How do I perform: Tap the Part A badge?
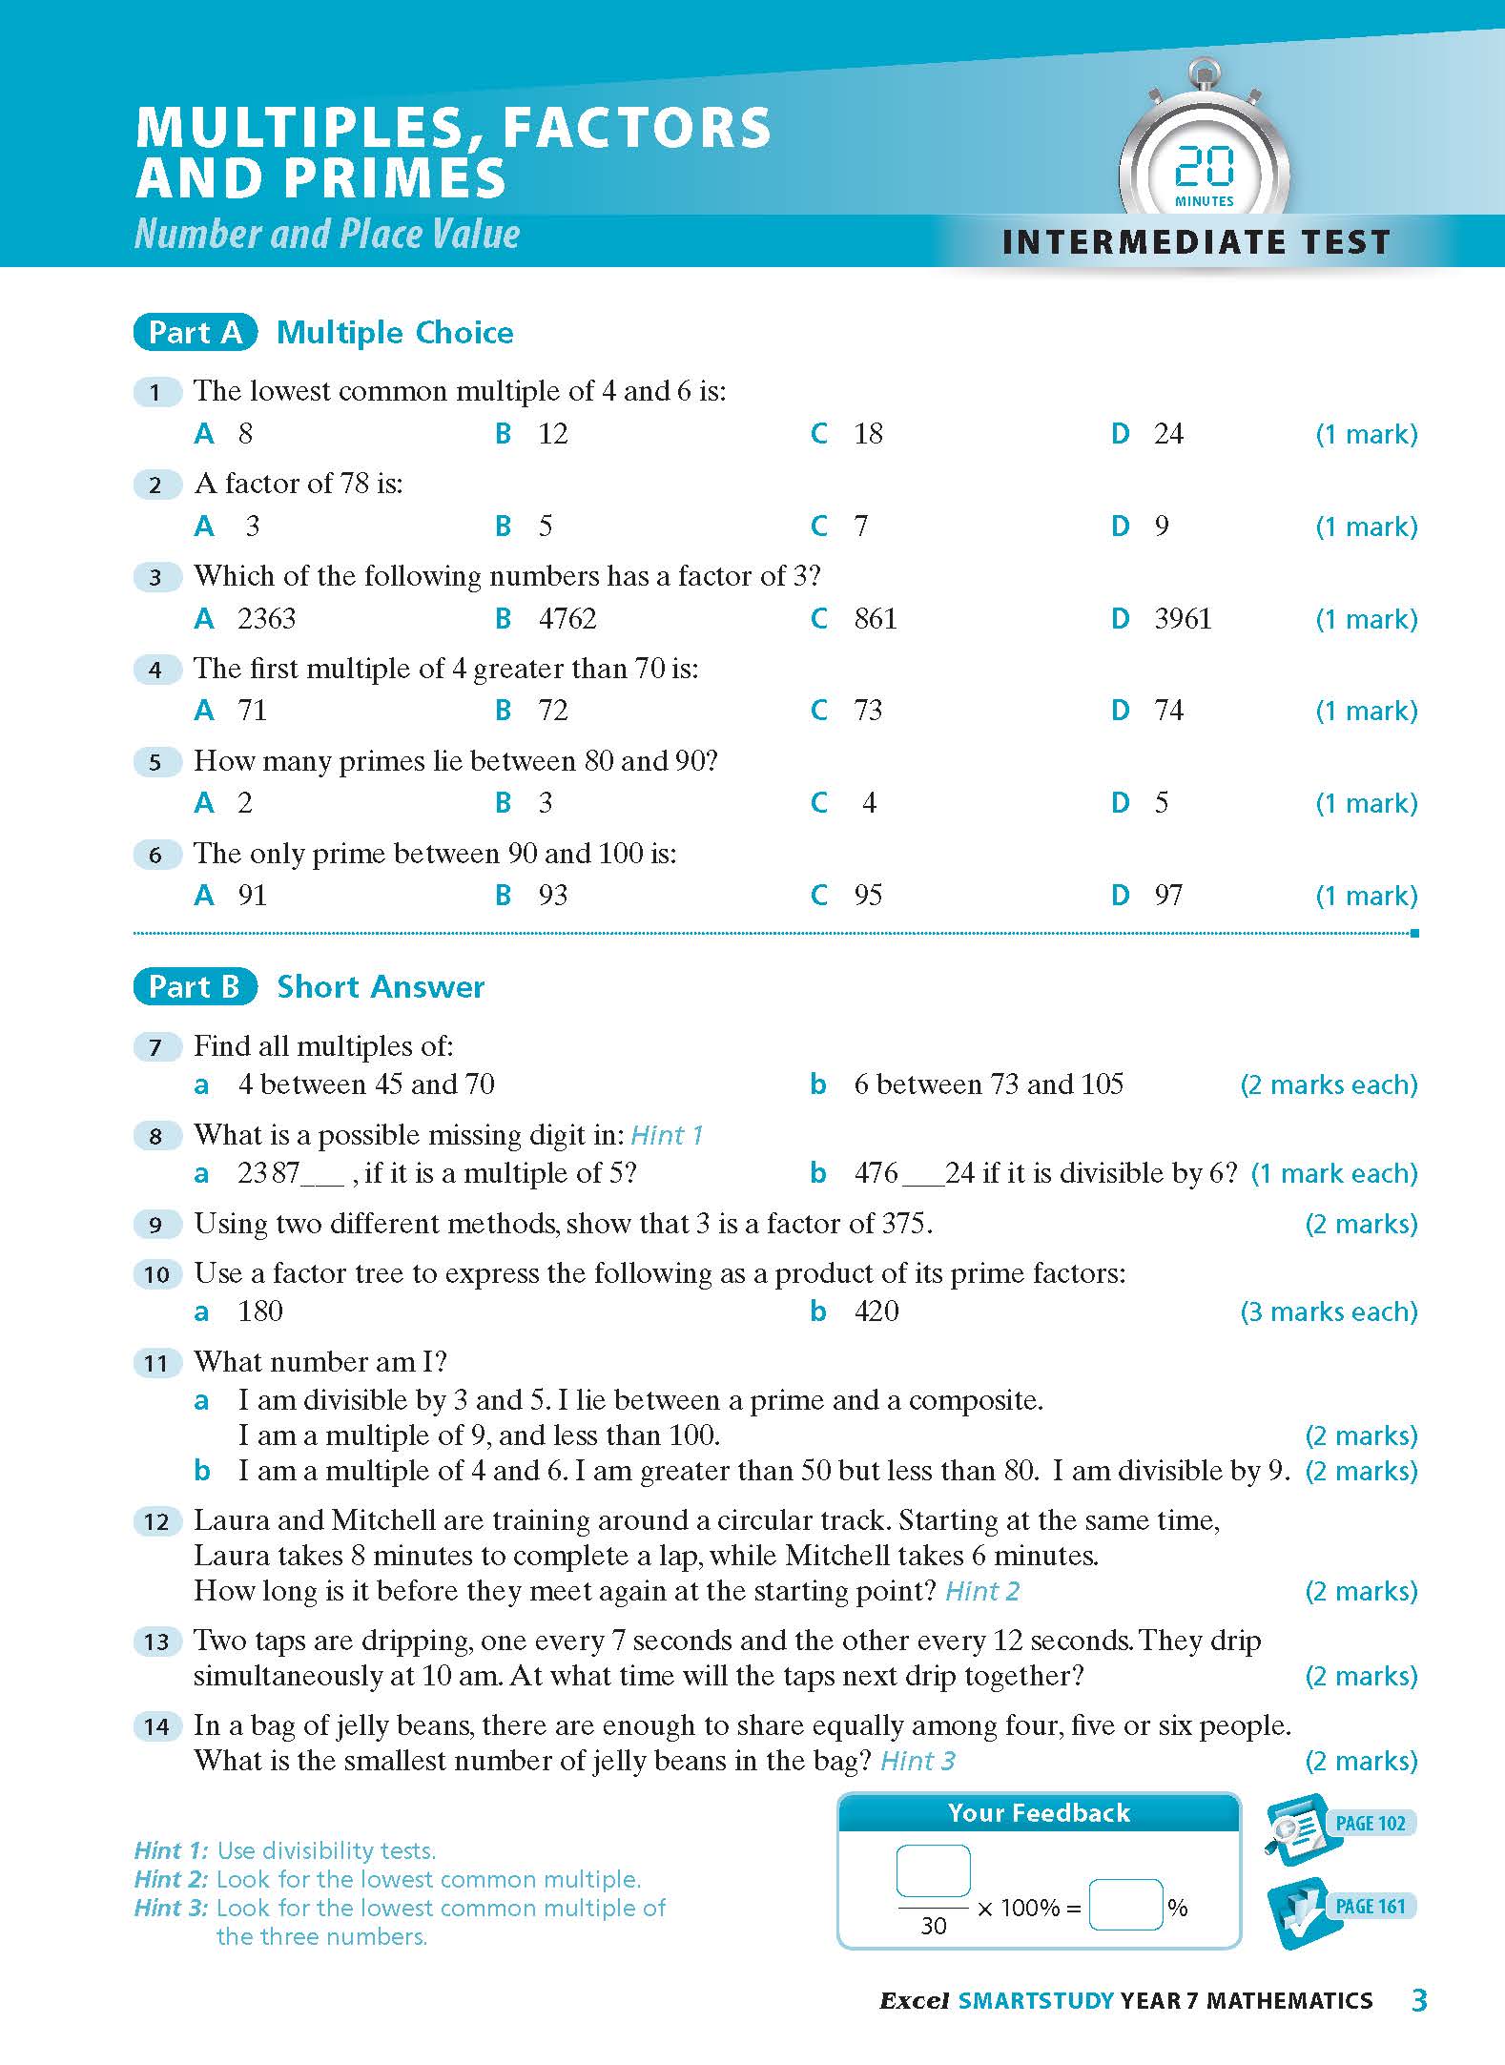click(x=196, y=332)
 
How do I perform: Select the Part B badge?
click(x=196, y=986)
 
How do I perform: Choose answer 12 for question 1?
click(x=552, y=434)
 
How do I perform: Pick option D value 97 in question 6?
click(x=1167, y=896)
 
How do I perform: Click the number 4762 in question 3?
click(x=567, y=619)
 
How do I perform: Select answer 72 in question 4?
click(x=552, y=711)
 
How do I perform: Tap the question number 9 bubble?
click(x=156, y=1225)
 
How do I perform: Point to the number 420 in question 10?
click(x=876, y=1311)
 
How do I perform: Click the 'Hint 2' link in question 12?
click(x=982, y=1592)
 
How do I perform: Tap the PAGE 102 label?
click(x=1370, y=1824)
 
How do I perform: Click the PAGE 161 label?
click(x=1370, y=1907)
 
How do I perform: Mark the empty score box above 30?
click(x=933, y=1870)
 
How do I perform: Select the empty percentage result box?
click(x=1125, y=1905)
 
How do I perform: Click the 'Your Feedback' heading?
click(x=1039, y=1813)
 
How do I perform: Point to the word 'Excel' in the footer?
click(x=914, y=2001)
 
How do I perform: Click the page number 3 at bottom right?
click(x=1419, y=2000)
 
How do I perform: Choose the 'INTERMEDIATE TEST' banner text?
click(x=1196, y=242)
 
